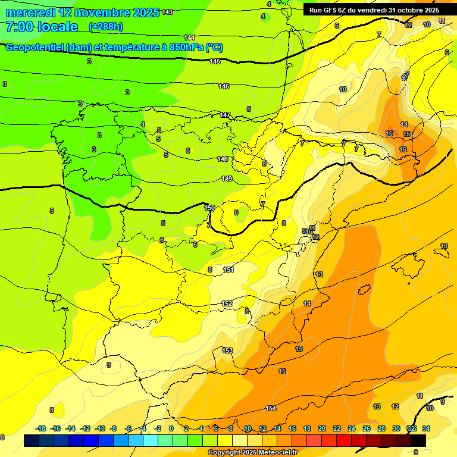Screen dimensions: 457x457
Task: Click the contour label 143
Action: pyautogui.click(x=167, y=12)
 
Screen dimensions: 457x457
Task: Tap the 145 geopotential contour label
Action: pyautogui.click(x=215, y=62)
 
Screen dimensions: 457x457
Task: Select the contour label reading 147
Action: pyautogui.click(x=225, y=115)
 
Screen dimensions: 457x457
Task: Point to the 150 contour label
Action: pyautogui.click(x=209, y=208)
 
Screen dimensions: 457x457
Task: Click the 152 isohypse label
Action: pyautogui.click(x=227, y=304)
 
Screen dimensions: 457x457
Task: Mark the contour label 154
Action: pyautogui.click(x=271, y=408)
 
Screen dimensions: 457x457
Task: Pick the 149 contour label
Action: pyautogui.click(x=227, y=179)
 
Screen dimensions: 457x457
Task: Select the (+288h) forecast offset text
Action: pyautogui.click(x=105, y=27)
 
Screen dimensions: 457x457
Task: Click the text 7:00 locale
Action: pyautogui.click(x=42, y=27)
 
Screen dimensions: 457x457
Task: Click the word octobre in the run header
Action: pyautogui.click(x=403, y=10)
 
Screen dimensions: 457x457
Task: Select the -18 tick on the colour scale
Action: pyautogui.click(x=40, y=428)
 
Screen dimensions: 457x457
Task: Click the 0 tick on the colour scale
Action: pyautogui.click(x=171, y=428)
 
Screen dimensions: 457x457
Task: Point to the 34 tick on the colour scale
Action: pyautogui.click(x=426, y=428)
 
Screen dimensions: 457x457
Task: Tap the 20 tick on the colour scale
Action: pyautogui.click(x=322, y=428)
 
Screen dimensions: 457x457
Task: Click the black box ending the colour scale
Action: pyautogui.click(x=418, y=440)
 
